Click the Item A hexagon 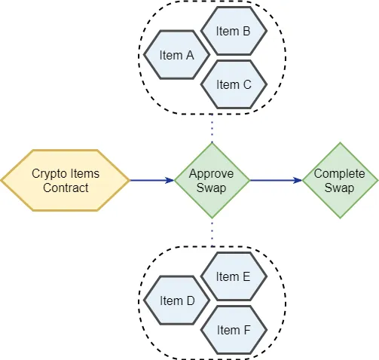176,55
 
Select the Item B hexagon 234,31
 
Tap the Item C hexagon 234,84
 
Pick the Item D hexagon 176,301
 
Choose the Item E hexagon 234,276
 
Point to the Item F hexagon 234,330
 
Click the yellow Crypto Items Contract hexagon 66,180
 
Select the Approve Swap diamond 212,180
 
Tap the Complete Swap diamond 340,180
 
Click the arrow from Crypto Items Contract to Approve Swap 152,180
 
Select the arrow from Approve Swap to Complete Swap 276,180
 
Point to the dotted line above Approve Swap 212,129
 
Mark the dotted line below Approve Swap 212,233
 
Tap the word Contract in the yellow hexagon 66,188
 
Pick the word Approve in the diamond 211,174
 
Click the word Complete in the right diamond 339,174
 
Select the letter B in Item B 246,31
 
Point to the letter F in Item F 247,330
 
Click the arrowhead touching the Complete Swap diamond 298,180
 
